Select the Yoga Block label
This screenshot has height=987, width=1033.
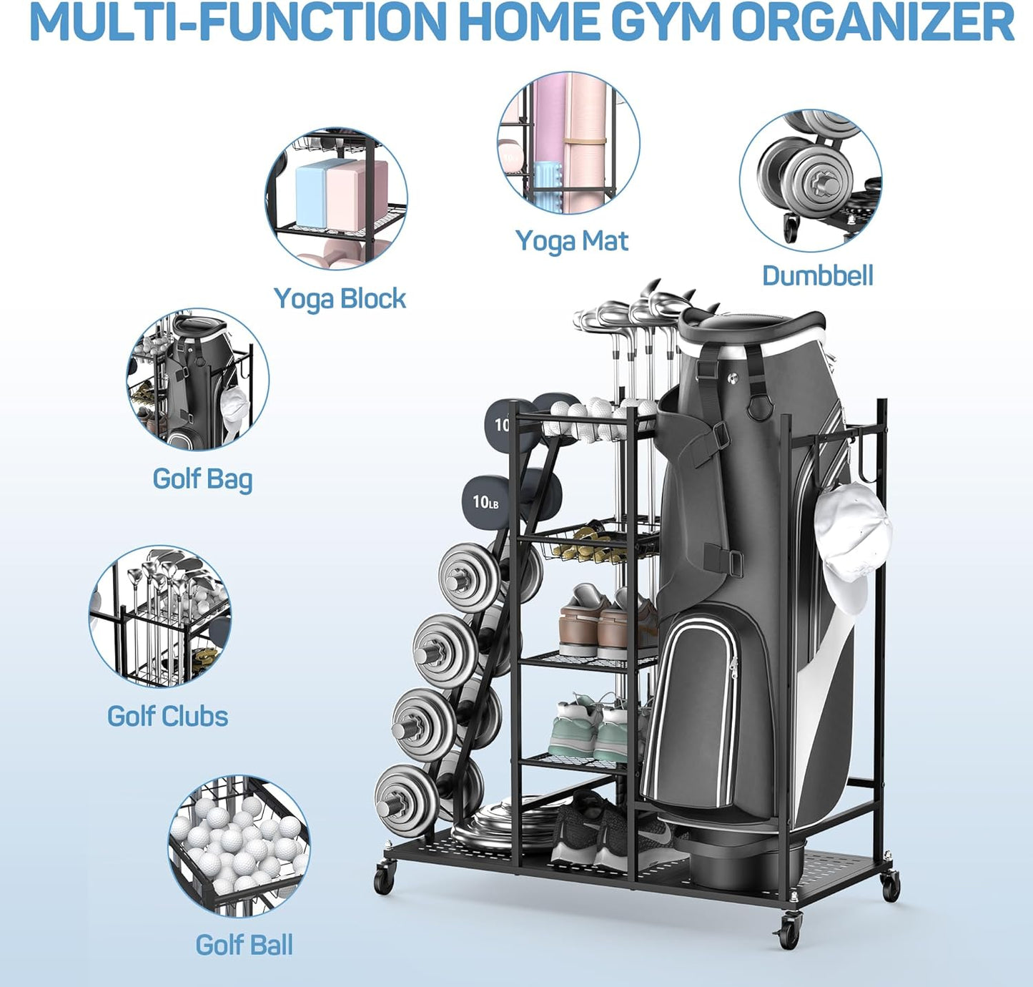(x=340, y=299)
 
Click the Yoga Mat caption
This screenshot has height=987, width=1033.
(x=571, y=241)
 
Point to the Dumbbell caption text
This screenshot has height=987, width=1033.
(x=817, y=275)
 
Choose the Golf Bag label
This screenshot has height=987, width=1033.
(x=202, y=478)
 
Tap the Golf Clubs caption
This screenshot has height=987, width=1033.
(x=167, y=716)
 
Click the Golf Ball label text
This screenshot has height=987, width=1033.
(x=244, y=945)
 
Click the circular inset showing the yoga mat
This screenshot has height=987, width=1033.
(x=568, y=142)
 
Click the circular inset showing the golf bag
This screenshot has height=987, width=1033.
(x=198, y=380)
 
